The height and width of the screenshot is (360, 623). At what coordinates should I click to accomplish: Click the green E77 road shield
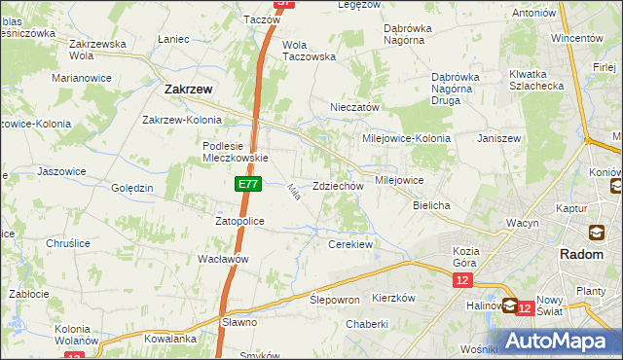tap(246, 183)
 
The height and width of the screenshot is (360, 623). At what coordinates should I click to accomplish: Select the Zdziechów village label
tap(338, 186)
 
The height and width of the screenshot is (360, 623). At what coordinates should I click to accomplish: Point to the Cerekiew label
tap(351, 244)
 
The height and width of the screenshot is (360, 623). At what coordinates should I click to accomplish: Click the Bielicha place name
tap(431, 206)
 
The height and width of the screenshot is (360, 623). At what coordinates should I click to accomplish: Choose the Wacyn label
tap(522, 223)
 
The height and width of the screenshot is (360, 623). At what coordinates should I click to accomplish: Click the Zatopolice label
tap(239, 221)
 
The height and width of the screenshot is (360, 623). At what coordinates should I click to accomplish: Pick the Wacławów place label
tap(224, 259)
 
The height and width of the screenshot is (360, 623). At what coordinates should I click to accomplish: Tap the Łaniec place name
tap(171, 39)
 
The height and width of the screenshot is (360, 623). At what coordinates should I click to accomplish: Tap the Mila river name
tap(292, 194)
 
